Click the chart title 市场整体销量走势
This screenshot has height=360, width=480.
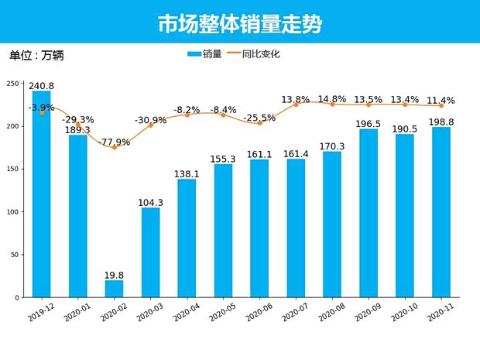(240, 24)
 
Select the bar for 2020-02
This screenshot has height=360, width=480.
(114, 289)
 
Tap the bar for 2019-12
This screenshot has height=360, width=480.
(41, 194)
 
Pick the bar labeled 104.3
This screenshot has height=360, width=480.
(150, 252)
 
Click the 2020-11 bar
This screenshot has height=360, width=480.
(441, 212)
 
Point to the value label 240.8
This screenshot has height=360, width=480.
(41, 86)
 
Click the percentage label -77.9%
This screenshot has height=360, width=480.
(115, 142)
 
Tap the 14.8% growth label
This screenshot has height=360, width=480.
(331, 99)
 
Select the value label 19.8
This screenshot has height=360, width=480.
(114, 274)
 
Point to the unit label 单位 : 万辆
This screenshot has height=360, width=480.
(36, 56)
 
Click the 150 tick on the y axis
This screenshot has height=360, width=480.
(13, 169)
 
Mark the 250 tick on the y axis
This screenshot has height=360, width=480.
(13, 84)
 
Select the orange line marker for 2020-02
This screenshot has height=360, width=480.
(114, 147)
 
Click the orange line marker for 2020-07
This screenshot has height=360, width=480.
(296, 105)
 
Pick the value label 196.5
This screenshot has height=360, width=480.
(369, 123)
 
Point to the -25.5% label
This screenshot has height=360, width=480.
(259, 118)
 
